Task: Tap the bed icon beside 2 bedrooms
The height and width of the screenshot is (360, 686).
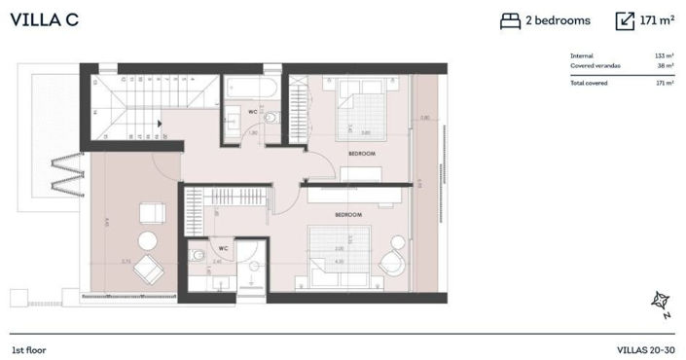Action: pos(510,20)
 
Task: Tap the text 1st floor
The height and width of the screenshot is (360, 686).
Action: pos(29,349)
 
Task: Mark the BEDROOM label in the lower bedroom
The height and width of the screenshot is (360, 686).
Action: pos(348,214)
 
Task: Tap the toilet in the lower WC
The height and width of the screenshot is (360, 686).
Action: pos(199,257)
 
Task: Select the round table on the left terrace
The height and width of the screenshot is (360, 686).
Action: pos(148,241)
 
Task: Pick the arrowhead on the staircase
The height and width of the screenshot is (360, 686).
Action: pos(159,124)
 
